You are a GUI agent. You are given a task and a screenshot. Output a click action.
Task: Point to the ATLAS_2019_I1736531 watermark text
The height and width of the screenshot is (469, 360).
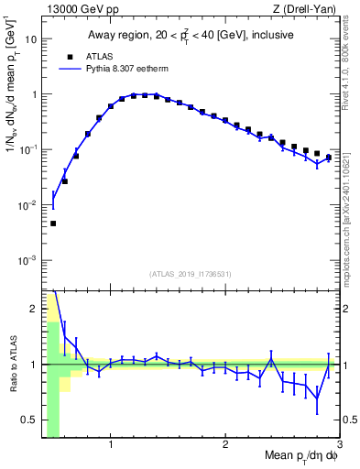pyautogui.click(x=190, y=273)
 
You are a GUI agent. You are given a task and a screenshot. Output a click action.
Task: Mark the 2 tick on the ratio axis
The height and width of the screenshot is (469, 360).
pyautogui.click(x=34, y=309)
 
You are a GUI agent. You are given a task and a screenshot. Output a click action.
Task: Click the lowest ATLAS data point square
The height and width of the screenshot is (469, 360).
pyautogui.click(x=53, y=224)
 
